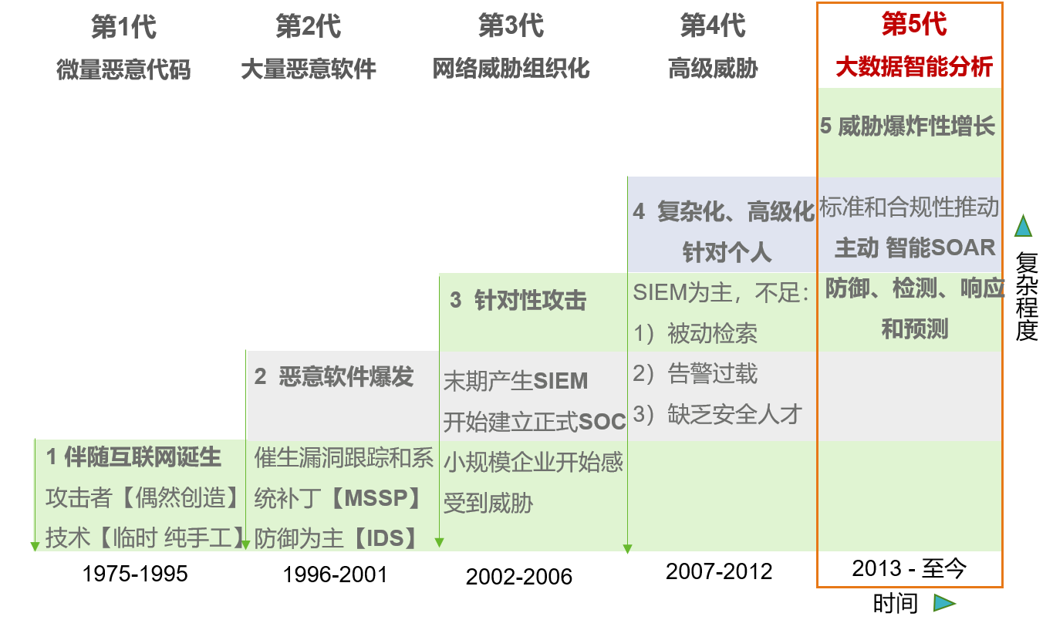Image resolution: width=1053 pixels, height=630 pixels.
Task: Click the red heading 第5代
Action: [914, 25]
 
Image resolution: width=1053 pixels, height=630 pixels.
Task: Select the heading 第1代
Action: [123, 28]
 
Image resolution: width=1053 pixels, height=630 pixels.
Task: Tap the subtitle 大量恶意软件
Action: [309, 69]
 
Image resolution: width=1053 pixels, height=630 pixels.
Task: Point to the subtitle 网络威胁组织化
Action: [511, 69]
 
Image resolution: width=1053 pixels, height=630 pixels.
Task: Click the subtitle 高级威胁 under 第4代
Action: [713, 69]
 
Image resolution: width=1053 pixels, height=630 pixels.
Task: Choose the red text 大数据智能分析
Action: [914, 67]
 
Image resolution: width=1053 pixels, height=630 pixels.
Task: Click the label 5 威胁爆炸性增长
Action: [908, 126]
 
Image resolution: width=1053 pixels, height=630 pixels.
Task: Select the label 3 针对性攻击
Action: [518, 301]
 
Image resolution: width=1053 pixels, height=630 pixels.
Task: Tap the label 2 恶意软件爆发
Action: [334, 377]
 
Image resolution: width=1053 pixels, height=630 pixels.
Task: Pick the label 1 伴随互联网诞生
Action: [133, 457]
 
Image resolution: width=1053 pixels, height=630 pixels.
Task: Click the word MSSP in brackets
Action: [375, 498]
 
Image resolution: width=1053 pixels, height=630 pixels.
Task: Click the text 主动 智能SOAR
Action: [915, 248]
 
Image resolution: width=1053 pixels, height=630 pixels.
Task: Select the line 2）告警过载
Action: [695, 375]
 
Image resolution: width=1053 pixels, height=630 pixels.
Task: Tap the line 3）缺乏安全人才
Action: [717, 415]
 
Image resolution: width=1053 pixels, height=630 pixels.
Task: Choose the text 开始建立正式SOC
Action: [534, 422]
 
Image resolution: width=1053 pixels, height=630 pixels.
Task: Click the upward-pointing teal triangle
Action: [1023, 226]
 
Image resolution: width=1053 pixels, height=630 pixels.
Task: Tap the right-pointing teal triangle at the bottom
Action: [943, 603]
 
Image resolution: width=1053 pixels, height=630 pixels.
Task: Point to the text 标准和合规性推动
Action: [910, 207]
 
